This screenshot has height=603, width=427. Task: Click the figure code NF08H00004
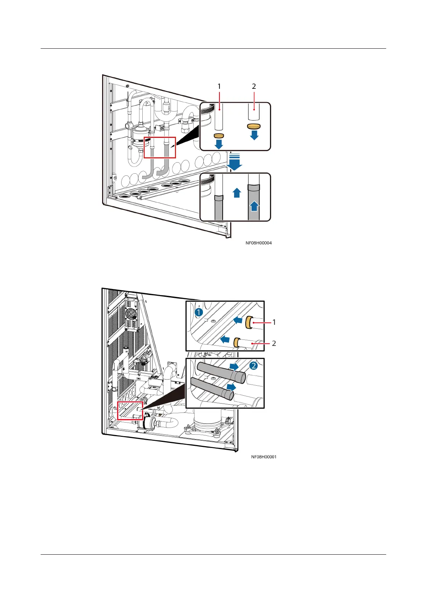point(258,243)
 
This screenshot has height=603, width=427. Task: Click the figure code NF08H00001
point(264,457)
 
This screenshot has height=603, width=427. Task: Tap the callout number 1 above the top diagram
point(219,86)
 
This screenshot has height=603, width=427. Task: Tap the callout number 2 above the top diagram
point(254,86)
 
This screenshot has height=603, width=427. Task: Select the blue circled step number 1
point(199,312)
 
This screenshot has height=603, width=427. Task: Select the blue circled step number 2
point(253,366)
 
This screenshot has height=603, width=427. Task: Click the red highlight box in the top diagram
point(160,147)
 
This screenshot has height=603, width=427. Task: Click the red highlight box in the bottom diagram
point(130,410)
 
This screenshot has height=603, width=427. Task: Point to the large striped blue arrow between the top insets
point(235,162)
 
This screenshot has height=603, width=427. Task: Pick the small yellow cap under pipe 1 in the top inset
point(219,135)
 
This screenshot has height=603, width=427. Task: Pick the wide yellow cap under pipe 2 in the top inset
point(254,126)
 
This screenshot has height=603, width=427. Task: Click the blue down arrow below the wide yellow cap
point(254,135)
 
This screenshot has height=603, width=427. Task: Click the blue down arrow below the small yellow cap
point(219,144)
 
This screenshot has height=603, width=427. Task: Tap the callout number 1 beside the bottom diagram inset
point(274,322)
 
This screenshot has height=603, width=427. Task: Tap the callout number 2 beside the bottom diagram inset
point(274,343)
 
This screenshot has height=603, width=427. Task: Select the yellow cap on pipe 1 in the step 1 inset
point(249,323)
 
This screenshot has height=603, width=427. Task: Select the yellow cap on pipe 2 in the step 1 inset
point(236,342)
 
